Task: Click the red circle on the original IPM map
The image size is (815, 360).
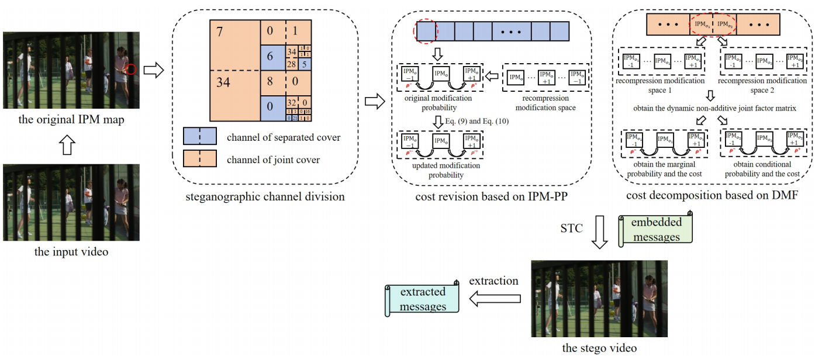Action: coord(132,70)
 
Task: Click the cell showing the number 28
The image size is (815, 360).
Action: coord(291,63)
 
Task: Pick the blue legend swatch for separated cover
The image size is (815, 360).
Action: coord(200,137)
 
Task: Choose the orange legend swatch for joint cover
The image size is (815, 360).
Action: coord(200,159)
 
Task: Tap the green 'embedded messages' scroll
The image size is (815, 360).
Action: coord(655,229)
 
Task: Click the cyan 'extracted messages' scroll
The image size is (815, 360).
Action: coord(423,299)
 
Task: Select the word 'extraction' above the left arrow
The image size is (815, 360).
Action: coord(493,281)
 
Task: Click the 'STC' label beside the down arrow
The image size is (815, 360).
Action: coord(571,229)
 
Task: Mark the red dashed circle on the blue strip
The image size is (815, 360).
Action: coord(425,30)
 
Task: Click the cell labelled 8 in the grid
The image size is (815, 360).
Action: coord(270,82)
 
